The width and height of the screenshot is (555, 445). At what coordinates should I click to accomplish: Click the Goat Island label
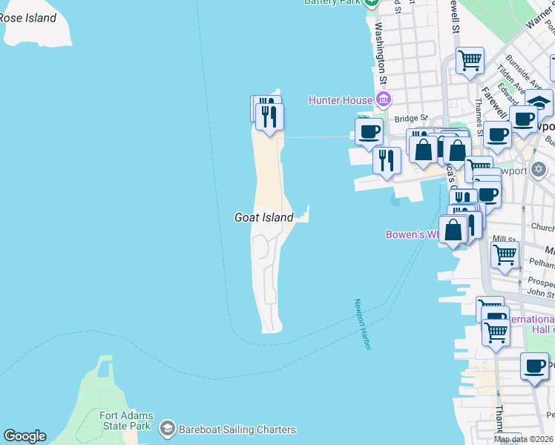[x=263, y=217]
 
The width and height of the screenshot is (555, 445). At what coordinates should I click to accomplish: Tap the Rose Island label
[x=27, y=18]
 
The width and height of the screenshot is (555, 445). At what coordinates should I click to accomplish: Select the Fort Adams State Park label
[x=125, y=421]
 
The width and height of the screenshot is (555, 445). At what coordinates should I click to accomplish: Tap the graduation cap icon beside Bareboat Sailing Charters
[x=168, y=429]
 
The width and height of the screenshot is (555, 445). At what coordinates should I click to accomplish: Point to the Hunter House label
[x=341, y=99]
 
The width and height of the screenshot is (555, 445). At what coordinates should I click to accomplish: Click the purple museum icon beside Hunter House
[x=384, y=99]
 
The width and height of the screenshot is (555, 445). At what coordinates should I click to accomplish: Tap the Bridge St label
[x=411, y=118]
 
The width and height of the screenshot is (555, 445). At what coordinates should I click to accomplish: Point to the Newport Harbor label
[x=361, y=325]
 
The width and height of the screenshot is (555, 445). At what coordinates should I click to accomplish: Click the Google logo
[x=24, y=436]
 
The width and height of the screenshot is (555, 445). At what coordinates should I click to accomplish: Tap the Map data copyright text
[x=524, y=439]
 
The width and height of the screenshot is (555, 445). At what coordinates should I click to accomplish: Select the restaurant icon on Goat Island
[x=269, y=116]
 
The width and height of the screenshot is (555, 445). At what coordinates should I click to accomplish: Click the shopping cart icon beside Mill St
[x=505, y=254]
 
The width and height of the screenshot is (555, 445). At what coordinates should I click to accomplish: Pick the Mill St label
[x=504, y=239]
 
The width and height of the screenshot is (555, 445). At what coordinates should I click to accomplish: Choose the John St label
[x=540, y=292]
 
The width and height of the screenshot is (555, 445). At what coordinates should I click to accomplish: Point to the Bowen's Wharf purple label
[x=413, y=234]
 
